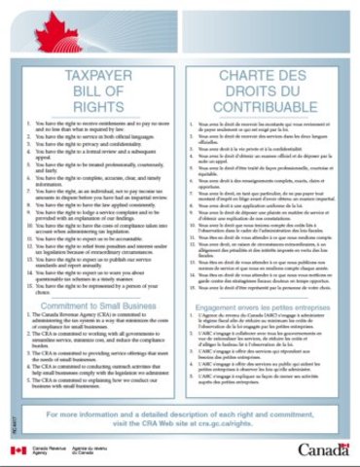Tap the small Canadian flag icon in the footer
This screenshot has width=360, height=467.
pyautogui.click(x=17, y=450)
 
